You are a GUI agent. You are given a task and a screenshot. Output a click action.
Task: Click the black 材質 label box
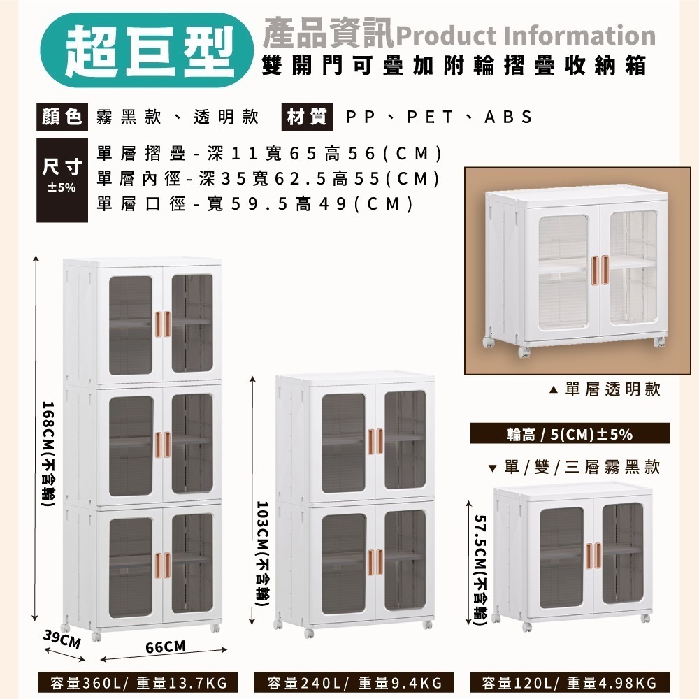pos(305,117)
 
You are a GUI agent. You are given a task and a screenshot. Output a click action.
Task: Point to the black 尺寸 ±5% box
pos(62,180)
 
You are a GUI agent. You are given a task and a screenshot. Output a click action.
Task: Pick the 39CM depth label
pos(62,639)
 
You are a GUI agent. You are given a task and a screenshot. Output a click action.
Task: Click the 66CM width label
pos(165,647)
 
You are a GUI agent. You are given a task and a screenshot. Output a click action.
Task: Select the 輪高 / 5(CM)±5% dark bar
pos(570,434)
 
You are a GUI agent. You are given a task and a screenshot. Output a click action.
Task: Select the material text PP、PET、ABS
pos(439,117)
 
